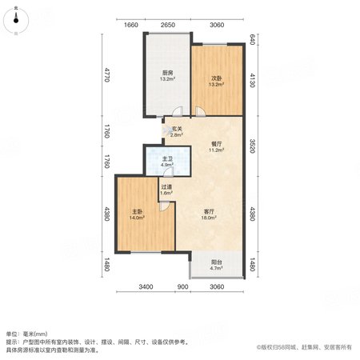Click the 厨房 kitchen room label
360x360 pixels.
[168, 73]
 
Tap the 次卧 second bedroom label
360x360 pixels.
[216, 78]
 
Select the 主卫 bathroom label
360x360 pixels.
[167, 159]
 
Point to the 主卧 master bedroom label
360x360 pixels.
[137, 212]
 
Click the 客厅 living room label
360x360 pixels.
[209, 212]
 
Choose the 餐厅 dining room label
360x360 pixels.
[216, 144]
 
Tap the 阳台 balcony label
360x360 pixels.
[216, 262]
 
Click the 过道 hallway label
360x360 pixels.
[166, 187]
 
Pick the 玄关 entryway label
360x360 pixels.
[177, 129]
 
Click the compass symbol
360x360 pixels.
[16, 21]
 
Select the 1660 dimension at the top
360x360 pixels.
[131, 25]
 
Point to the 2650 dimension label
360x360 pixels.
[168, 25]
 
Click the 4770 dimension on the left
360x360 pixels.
[107, 74]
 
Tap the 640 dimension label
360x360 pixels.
[253, 39]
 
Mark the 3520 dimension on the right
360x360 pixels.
[253, 146]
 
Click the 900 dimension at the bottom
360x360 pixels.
[182, 287]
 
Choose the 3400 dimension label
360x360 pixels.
[146, 287]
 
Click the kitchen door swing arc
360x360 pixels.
[178, 111]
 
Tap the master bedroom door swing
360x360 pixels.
[165, 206]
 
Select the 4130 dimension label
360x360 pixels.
[253, 81]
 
